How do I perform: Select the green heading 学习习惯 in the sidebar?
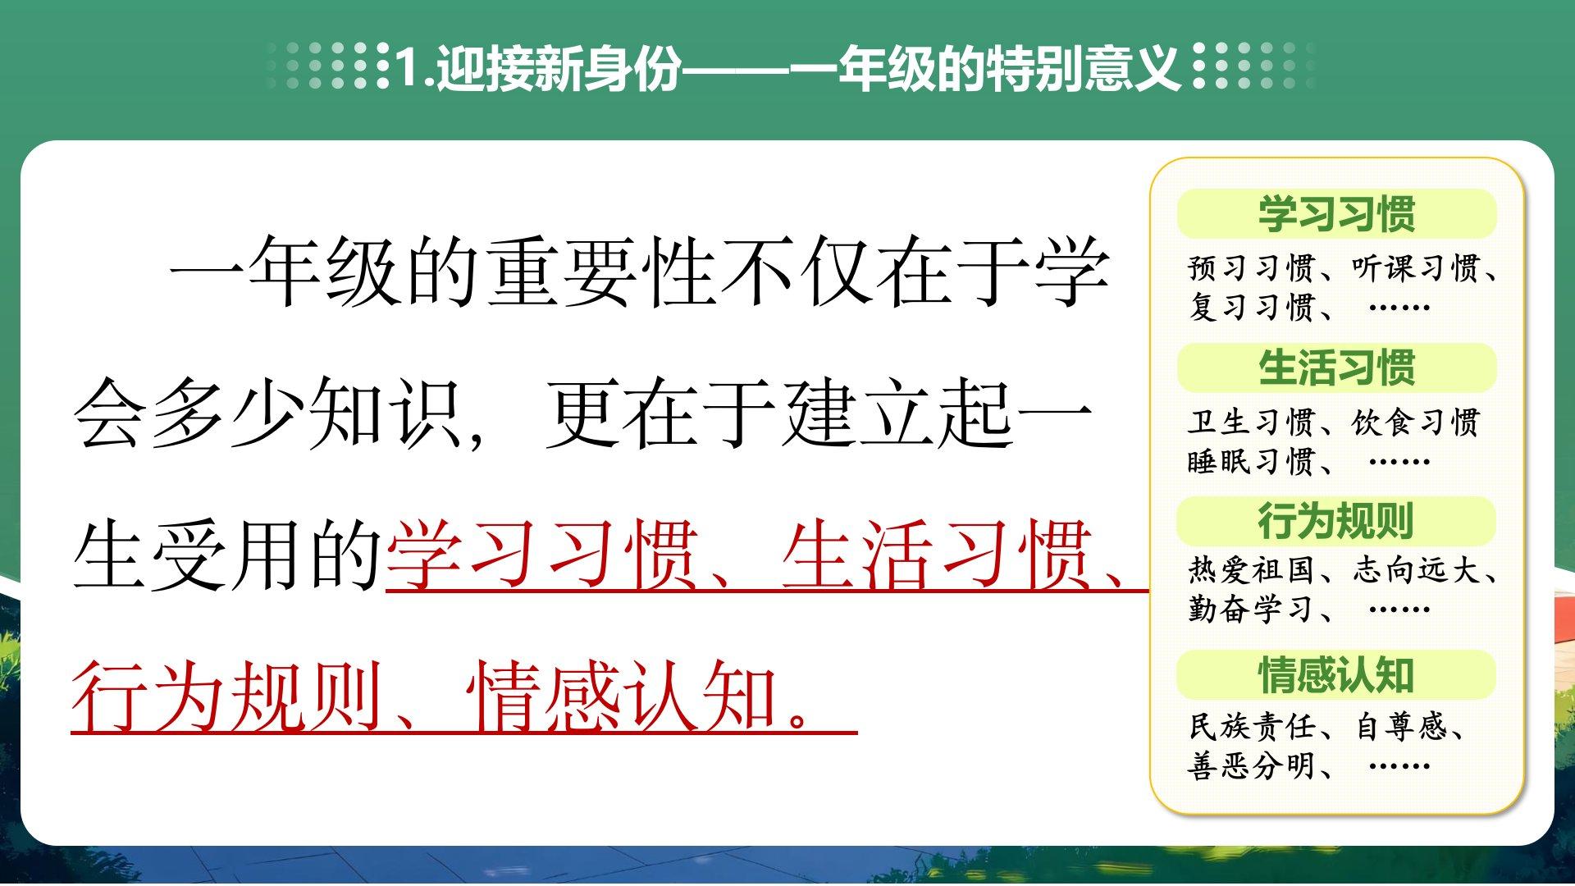1336,213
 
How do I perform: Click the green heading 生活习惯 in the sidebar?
1336,368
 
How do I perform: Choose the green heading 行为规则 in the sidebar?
1336,521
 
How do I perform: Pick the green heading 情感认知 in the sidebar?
1336,675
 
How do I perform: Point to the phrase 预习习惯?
1252,267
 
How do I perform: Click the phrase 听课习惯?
1416,267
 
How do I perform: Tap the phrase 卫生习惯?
1252,422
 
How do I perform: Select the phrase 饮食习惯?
1416,422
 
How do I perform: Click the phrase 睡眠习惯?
1252,462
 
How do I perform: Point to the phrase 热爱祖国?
1252,570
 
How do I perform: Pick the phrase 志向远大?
1416,570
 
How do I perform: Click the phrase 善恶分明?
1252,766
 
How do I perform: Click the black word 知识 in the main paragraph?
387,413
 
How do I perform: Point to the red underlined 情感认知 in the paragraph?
622,697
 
